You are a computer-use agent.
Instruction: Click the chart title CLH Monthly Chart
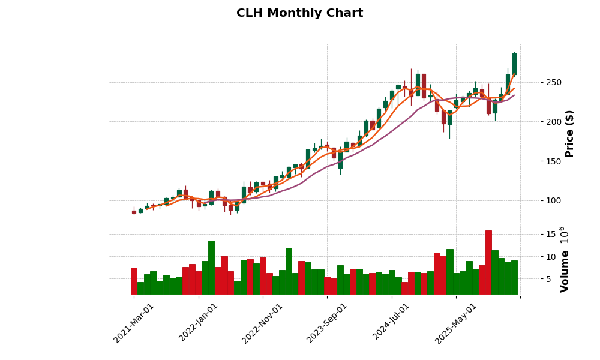pyautogui.click(x=299, y=13)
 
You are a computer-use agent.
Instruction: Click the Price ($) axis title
pyautogui.click(x=569, y=133)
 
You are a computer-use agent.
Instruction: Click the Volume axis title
pyautogui.click(x=565, y=259)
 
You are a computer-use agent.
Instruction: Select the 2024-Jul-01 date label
pyautogui.click(x=392, y=323)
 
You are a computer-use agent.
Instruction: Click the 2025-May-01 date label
pyautogui.click(x=456, y=323)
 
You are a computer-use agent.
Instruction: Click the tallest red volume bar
pyautogui.click(x=488, y=262)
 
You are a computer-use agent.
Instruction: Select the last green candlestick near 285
pyautogui.click(x=514, y=64)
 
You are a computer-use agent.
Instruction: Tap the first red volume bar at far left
pyautogui.click(x=134, y=281)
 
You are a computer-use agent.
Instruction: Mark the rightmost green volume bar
pyautogui.click(x=514, y=277)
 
